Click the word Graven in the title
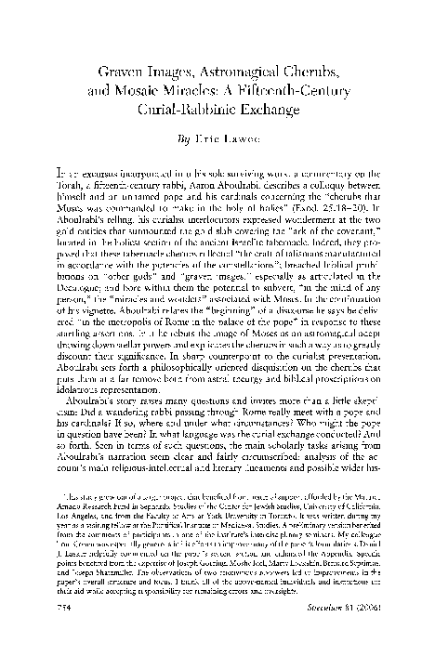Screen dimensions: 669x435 (x=126, y=71)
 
